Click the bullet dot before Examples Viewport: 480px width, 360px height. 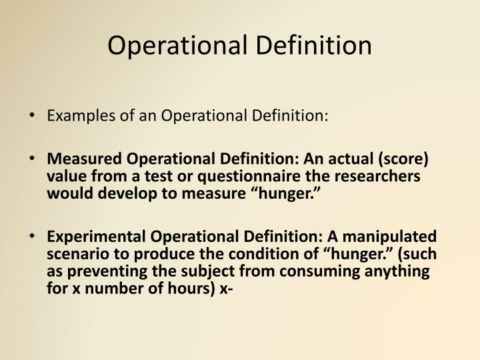tap(34, 117)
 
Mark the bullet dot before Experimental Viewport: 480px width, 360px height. tap(34, 237)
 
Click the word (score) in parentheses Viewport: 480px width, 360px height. tap(408, 160)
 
